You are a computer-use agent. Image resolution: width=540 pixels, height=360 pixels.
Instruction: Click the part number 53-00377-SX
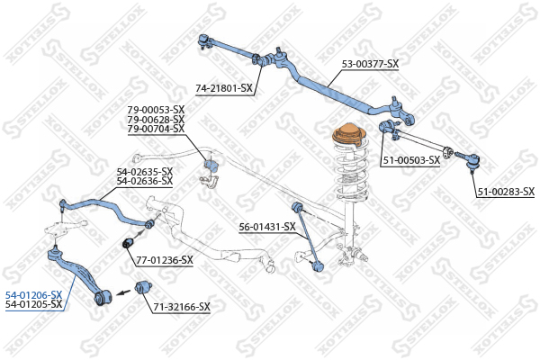[x=370, y=64]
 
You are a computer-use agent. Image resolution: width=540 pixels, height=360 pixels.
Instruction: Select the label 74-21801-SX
[x=224, y=89]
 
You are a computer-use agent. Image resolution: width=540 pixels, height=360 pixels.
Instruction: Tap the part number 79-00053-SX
[x=156, y=110]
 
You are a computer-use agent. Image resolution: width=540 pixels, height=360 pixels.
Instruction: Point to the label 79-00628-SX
[x=156, y=120]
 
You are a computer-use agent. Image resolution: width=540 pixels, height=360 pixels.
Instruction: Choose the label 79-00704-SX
[x=156, y=129]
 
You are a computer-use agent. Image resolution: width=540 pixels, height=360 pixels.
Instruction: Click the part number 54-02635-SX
[x=145, y=172]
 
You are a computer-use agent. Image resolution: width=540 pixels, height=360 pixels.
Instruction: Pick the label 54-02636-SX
[x=145, y=181]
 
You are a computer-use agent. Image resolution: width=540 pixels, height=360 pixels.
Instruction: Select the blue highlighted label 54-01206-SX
[x=34, y=295]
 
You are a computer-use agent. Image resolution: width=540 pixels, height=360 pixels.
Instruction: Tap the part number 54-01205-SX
[x=34, y=304]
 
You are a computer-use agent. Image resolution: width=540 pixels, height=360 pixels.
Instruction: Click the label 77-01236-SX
[x=165, y=260]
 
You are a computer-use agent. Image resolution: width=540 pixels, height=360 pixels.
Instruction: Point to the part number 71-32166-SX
[x=182, y=307]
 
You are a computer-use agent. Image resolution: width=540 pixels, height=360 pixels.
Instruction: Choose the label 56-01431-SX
[x=267, y=227]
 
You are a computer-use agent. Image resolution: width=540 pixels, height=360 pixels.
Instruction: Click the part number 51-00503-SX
[x=411, y=160]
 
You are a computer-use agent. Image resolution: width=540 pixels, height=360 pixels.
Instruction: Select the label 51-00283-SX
[x=506, y=192]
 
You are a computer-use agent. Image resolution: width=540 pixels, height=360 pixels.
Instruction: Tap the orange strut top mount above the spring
[x=349, y=136]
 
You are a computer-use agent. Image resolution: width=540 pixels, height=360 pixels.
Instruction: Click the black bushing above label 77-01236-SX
[x=129, y=242]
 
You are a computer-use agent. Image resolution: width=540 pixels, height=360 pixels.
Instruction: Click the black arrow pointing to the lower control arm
[x=123, y=292]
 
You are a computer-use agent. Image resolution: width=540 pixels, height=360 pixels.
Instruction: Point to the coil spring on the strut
[x=351, y=172]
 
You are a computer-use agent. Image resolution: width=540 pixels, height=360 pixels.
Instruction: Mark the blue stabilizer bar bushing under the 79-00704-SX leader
[x=211, y=165]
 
